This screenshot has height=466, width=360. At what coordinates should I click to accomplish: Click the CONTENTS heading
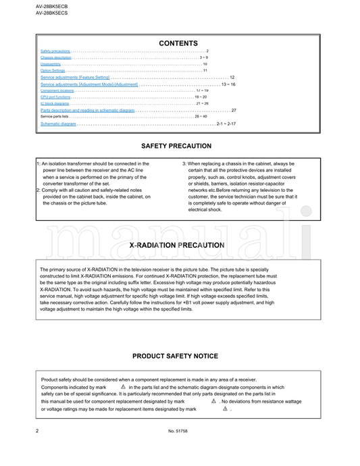178,43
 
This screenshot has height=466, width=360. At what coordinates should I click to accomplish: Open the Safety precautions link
55,51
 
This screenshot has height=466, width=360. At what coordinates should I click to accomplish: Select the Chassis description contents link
56,58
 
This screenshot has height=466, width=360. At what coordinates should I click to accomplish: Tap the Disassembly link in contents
51,64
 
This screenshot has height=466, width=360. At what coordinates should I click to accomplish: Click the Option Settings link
53,70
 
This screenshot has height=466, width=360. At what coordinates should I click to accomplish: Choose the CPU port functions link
55,97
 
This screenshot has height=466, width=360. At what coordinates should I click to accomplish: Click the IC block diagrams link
55,103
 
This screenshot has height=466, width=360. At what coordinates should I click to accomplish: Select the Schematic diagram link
58,124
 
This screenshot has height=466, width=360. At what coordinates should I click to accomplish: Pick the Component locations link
57,90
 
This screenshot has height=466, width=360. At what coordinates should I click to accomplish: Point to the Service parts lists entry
55,117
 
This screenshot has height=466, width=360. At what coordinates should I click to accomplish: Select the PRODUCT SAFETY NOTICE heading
175,356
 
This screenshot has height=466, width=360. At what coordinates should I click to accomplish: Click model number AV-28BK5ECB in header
51,5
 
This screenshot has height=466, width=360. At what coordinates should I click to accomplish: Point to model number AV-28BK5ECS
51,13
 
